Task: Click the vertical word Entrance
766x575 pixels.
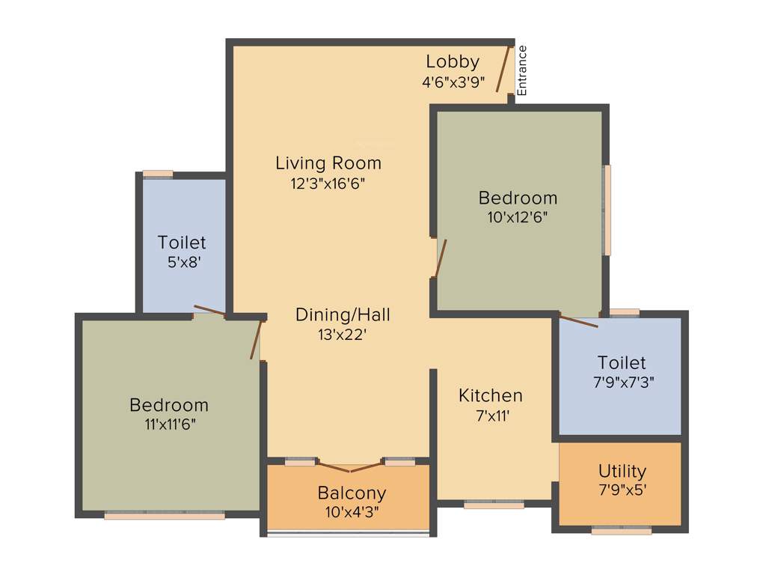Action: point(522,70)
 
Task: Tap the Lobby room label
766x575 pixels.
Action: point(453,62)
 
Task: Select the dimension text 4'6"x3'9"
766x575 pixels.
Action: point(453,82)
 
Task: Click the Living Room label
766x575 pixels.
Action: point(328,162)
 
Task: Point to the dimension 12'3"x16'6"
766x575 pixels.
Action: point(328,183)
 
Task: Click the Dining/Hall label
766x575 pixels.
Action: point(343,314)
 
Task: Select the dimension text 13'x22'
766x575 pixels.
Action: point(343,335)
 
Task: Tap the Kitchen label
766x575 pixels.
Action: point(491,395)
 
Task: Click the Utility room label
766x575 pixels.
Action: point(622,471)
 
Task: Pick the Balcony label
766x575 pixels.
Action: point(352,493)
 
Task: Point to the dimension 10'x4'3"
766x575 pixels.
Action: point(352,513)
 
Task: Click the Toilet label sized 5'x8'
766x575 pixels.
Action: point(182,243)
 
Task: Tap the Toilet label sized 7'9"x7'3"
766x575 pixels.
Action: point(622,363)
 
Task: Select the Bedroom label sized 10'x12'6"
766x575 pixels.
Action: point(518,198)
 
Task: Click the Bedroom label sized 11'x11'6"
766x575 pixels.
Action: point(169,405)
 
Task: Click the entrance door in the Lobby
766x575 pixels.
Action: point(503,69)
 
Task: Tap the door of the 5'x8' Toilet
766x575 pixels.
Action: point(209,311)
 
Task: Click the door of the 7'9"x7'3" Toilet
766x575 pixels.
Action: point(579,322)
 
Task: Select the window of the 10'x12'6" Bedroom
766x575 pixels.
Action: point(607,210)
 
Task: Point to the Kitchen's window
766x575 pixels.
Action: point(494,505)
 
